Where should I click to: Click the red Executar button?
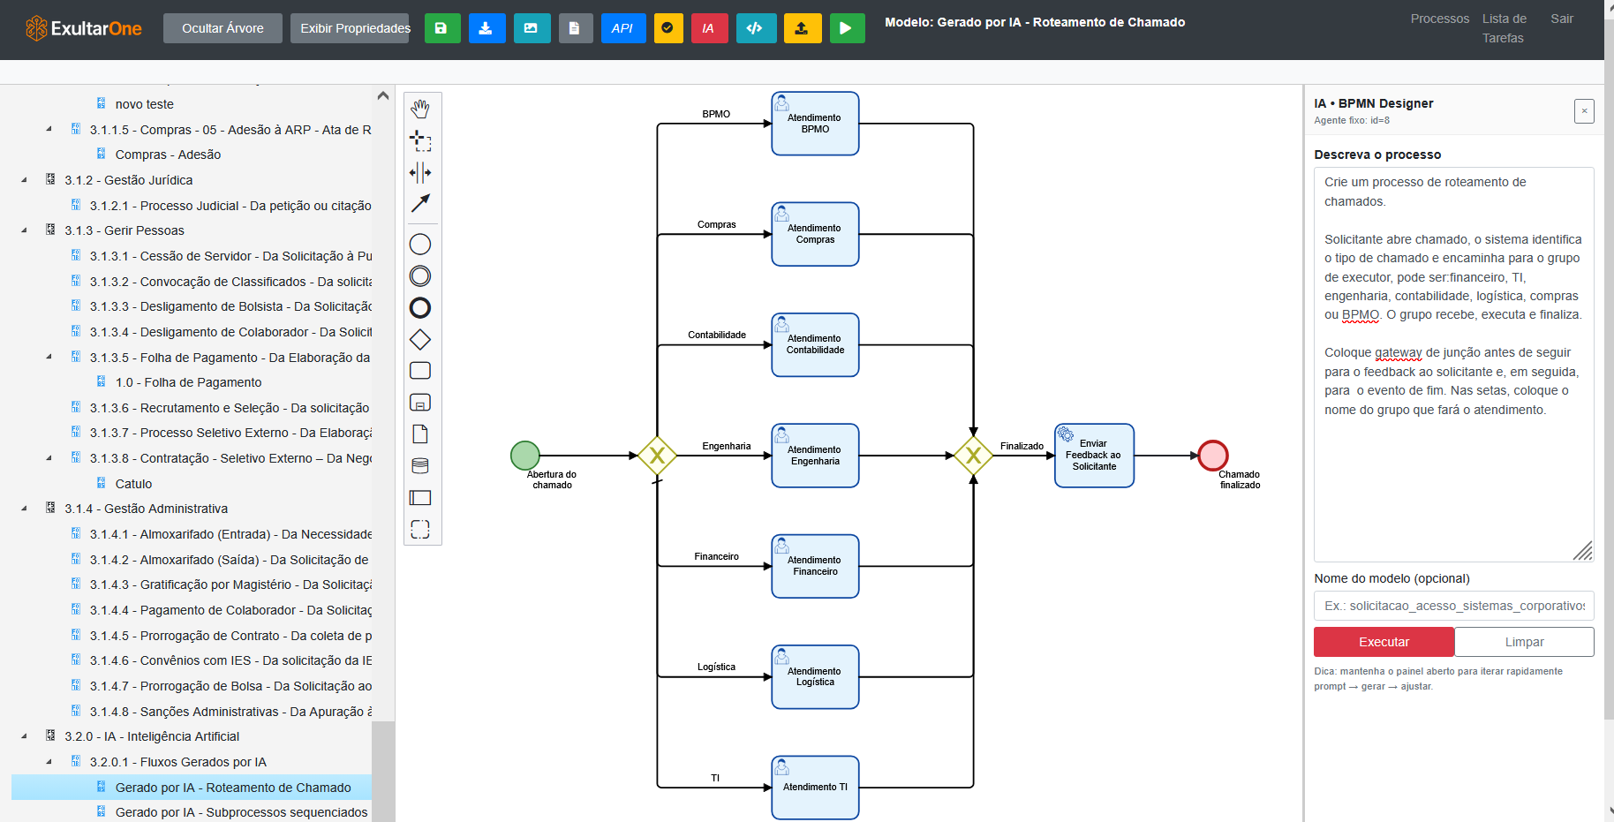point(1383,642)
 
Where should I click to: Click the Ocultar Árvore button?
point(222,28)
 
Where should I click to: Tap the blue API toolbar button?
point(622,28)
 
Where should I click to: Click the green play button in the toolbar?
point(846,28)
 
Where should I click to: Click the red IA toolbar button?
point(708,28)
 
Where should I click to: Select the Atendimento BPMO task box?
point(815,124)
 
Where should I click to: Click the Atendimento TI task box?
point(815,787)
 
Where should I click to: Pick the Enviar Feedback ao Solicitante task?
point(1094,456)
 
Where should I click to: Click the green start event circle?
point(525,456)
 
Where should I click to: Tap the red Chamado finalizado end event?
point(1213,456)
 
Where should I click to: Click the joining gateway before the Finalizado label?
point(973,456)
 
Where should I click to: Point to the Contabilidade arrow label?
point(717,336)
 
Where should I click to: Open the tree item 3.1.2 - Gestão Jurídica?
point(128,180)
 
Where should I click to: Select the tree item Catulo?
point(133,484)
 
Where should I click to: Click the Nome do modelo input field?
point(1453,606)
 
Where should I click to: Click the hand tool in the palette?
point(420,109)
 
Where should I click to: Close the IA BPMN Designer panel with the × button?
point(1584,111)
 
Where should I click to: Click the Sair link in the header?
point(1561,19)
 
